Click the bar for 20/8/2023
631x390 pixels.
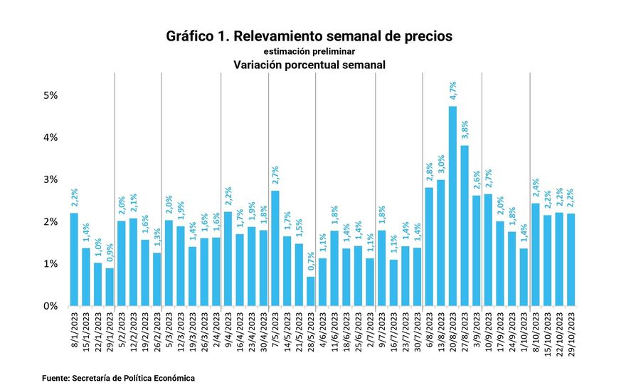click(452, 206)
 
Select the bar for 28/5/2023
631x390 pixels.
click(310, 291)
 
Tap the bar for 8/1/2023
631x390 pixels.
click(74, 260)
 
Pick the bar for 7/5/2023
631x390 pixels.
click(275, 248)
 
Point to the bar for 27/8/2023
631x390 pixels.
click(465, 226)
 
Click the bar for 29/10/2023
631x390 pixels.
click(571, 260)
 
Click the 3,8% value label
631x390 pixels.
click(465, 132)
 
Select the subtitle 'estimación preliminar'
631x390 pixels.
click(309, 51)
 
